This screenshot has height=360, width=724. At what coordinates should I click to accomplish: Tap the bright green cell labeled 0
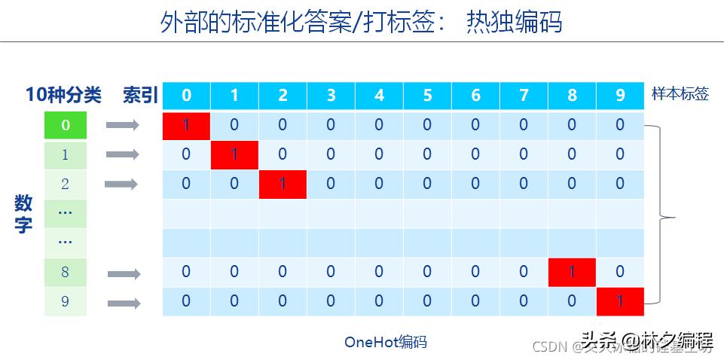[x=66, y=125]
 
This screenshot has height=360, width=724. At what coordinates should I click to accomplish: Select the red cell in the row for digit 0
[x=186, y=125]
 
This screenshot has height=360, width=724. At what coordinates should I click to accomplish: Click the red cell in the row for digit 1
[x=234, y=154]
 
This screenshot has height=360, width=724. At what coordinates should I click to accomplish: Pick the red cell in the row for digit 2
[x=283, y=184]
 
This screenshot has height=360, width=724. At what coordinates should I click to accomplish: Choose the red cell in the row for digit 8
[x=572, y=272]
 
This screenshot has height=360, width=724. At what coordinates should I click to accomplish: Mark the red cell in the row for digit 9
[x=620, y=301]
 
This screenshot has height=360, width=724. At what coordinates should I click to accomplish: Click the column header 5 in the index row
[x=427, y=96]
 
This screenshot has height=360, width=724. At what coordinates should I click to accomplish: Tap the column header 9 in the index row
[x=620, y=96]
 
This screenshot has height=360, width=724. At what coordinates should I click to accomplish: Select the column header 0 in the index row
[x=186, y=96]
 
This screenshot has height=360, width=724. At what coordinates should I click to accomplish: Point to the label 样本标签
[x=680, y=94]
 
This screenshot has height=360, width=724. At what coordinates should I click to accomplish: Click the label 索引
[x=141, y=96]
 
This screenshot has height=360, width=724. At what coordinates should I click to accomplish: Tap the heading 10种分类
[x=63, y=95]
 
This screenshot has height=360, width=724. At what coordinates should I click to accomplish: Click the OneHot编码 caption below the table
[x=385, y=342]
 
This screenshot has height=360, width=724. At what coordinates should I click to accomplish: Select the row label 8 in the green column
[x=66, y=272]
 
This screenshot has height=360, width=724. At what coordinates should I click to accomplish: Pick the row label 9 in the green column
[x=66, y=301]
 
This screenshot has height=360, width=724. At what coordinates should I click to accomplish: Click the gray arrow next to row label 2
[x=121, y=184]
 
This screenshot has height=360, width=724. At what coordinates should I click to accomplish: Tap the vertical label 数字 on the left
[x=23, y=214]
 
